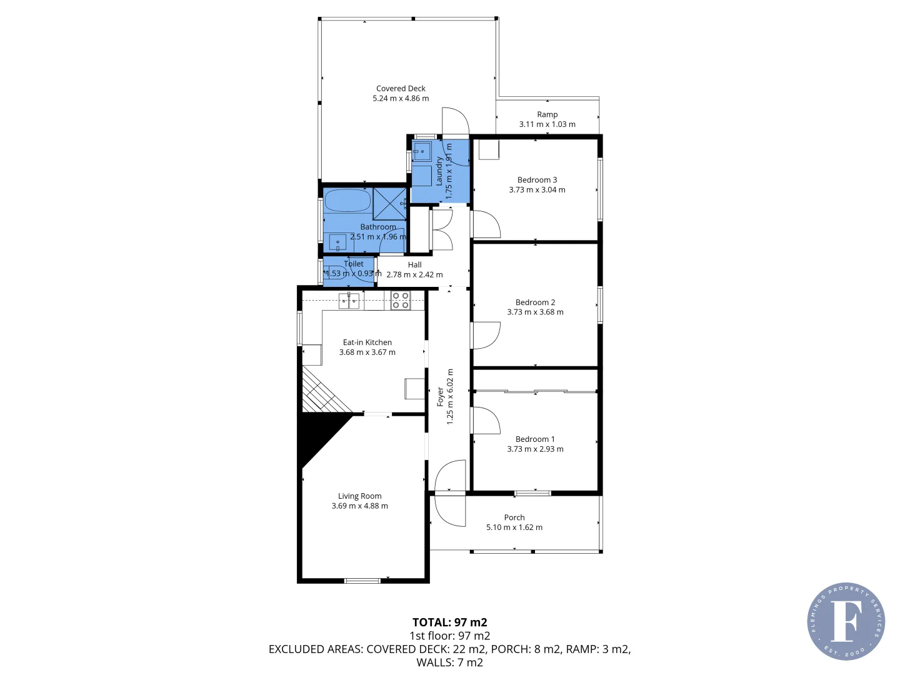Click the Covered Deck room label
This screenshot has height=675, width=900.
point(401,89)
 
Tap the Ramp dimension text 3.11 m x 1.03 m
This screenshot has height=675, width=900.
point(547,124)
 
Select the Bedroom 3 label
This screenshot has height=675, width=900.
point(537,180)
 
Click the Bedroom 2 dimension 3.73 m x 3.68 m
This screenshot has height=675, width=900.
point(535,312)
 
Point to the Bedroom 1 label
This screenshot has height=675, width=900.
point(535,439)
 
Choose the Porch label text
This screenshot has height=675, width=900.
point(514,517)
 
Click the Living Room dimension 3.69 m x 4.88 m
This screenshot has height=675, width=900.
point(359,506)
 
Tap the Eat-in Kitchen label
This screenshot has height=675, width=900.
point(367,342)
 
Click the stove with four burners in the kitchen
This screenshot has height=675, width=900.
point(401,301)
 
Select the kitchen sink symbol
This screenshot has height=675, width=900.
point(349,301)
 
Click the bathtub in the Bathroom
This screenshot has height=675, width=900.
point(347,201)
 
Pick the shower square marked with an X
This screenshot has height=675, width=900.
point(389,203)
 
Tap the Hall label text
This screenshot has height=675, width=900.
point(414,265)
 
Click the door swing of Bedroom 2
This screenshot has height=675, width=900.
point(486,335)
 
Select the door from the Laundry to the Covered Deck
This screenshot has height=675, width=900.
point(455,122)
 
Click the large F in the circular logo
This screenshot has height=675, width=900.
point(845,621)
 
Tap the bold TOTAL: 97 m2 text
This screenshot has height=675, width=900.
point(449,622)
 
